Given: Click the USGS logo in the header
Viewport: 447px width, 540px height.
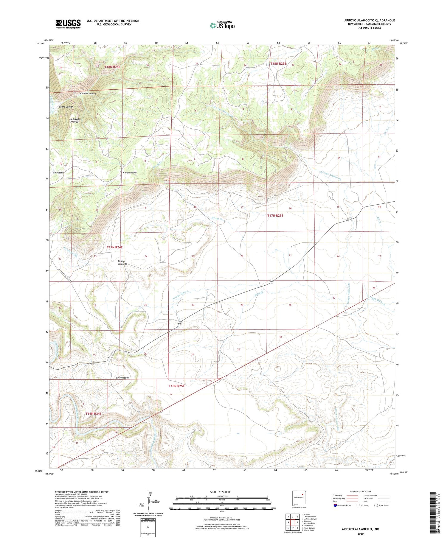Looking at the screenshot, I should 68,24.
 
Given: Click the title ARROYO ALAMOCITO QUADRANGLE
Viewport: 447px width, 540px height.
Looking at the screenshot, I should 370,20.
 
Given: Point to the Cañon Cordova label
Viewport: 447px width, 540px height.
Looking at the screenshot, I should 88,94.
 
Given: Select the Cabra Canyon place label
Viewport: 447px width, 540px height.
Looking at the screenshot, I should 66,107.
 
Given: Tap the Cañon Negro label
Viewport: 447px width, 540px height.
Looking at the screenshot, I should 130,173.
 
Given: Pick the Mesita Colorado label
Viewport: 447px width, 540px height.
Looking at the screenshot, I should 122,263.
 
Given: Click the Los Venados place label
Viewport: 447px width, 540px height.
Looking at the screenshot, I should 122,378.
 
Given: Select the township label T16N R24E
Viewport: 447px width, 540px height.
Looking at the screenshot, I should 94,414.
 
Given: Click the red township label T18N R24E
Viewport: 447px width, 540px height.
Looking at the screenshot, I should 112,67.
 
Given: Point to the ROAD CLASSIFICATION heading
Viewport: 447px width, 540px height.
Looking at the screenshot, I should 361,492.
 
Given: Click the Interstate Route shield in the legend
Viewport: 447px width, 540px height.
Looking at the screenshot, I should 335,505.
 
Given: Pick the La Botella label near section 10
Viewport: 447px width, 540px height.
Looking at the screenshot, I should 59,173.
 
